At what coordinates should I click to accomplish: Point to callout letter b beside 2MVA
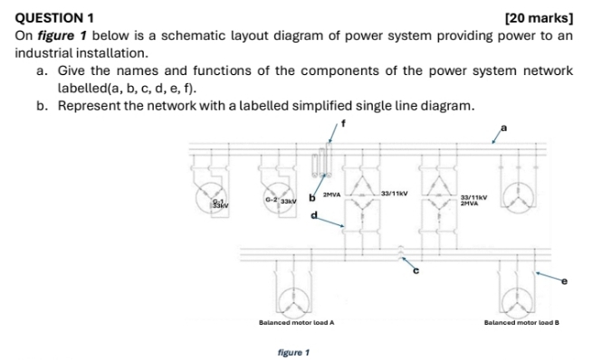[311, 195]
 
